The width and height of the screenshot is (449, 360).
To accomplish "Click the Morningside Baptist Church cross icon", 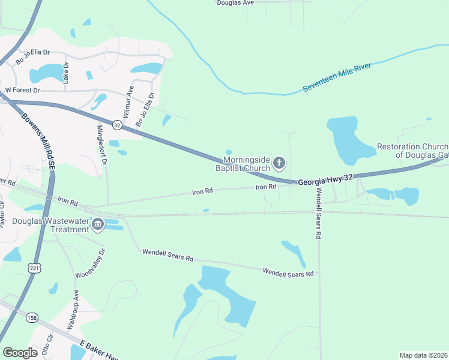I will tap(279, 162).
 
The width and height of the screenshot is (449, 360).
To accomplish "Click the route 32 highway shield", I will tap(117, 125).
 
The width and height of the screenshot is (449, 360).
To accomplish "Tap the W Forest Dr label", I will tap(22, 90).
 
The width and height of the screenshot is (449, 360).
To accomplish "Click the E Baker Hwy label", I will tap(100, 350).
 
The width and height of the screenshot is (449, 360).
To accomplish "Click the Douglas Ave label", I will tap(235, 3).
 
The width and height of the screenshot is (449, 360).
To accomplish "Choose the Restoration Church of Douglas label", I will tap(412, 151).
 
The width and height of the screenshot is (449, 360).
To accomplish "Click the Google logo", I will tap(20, 353).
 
